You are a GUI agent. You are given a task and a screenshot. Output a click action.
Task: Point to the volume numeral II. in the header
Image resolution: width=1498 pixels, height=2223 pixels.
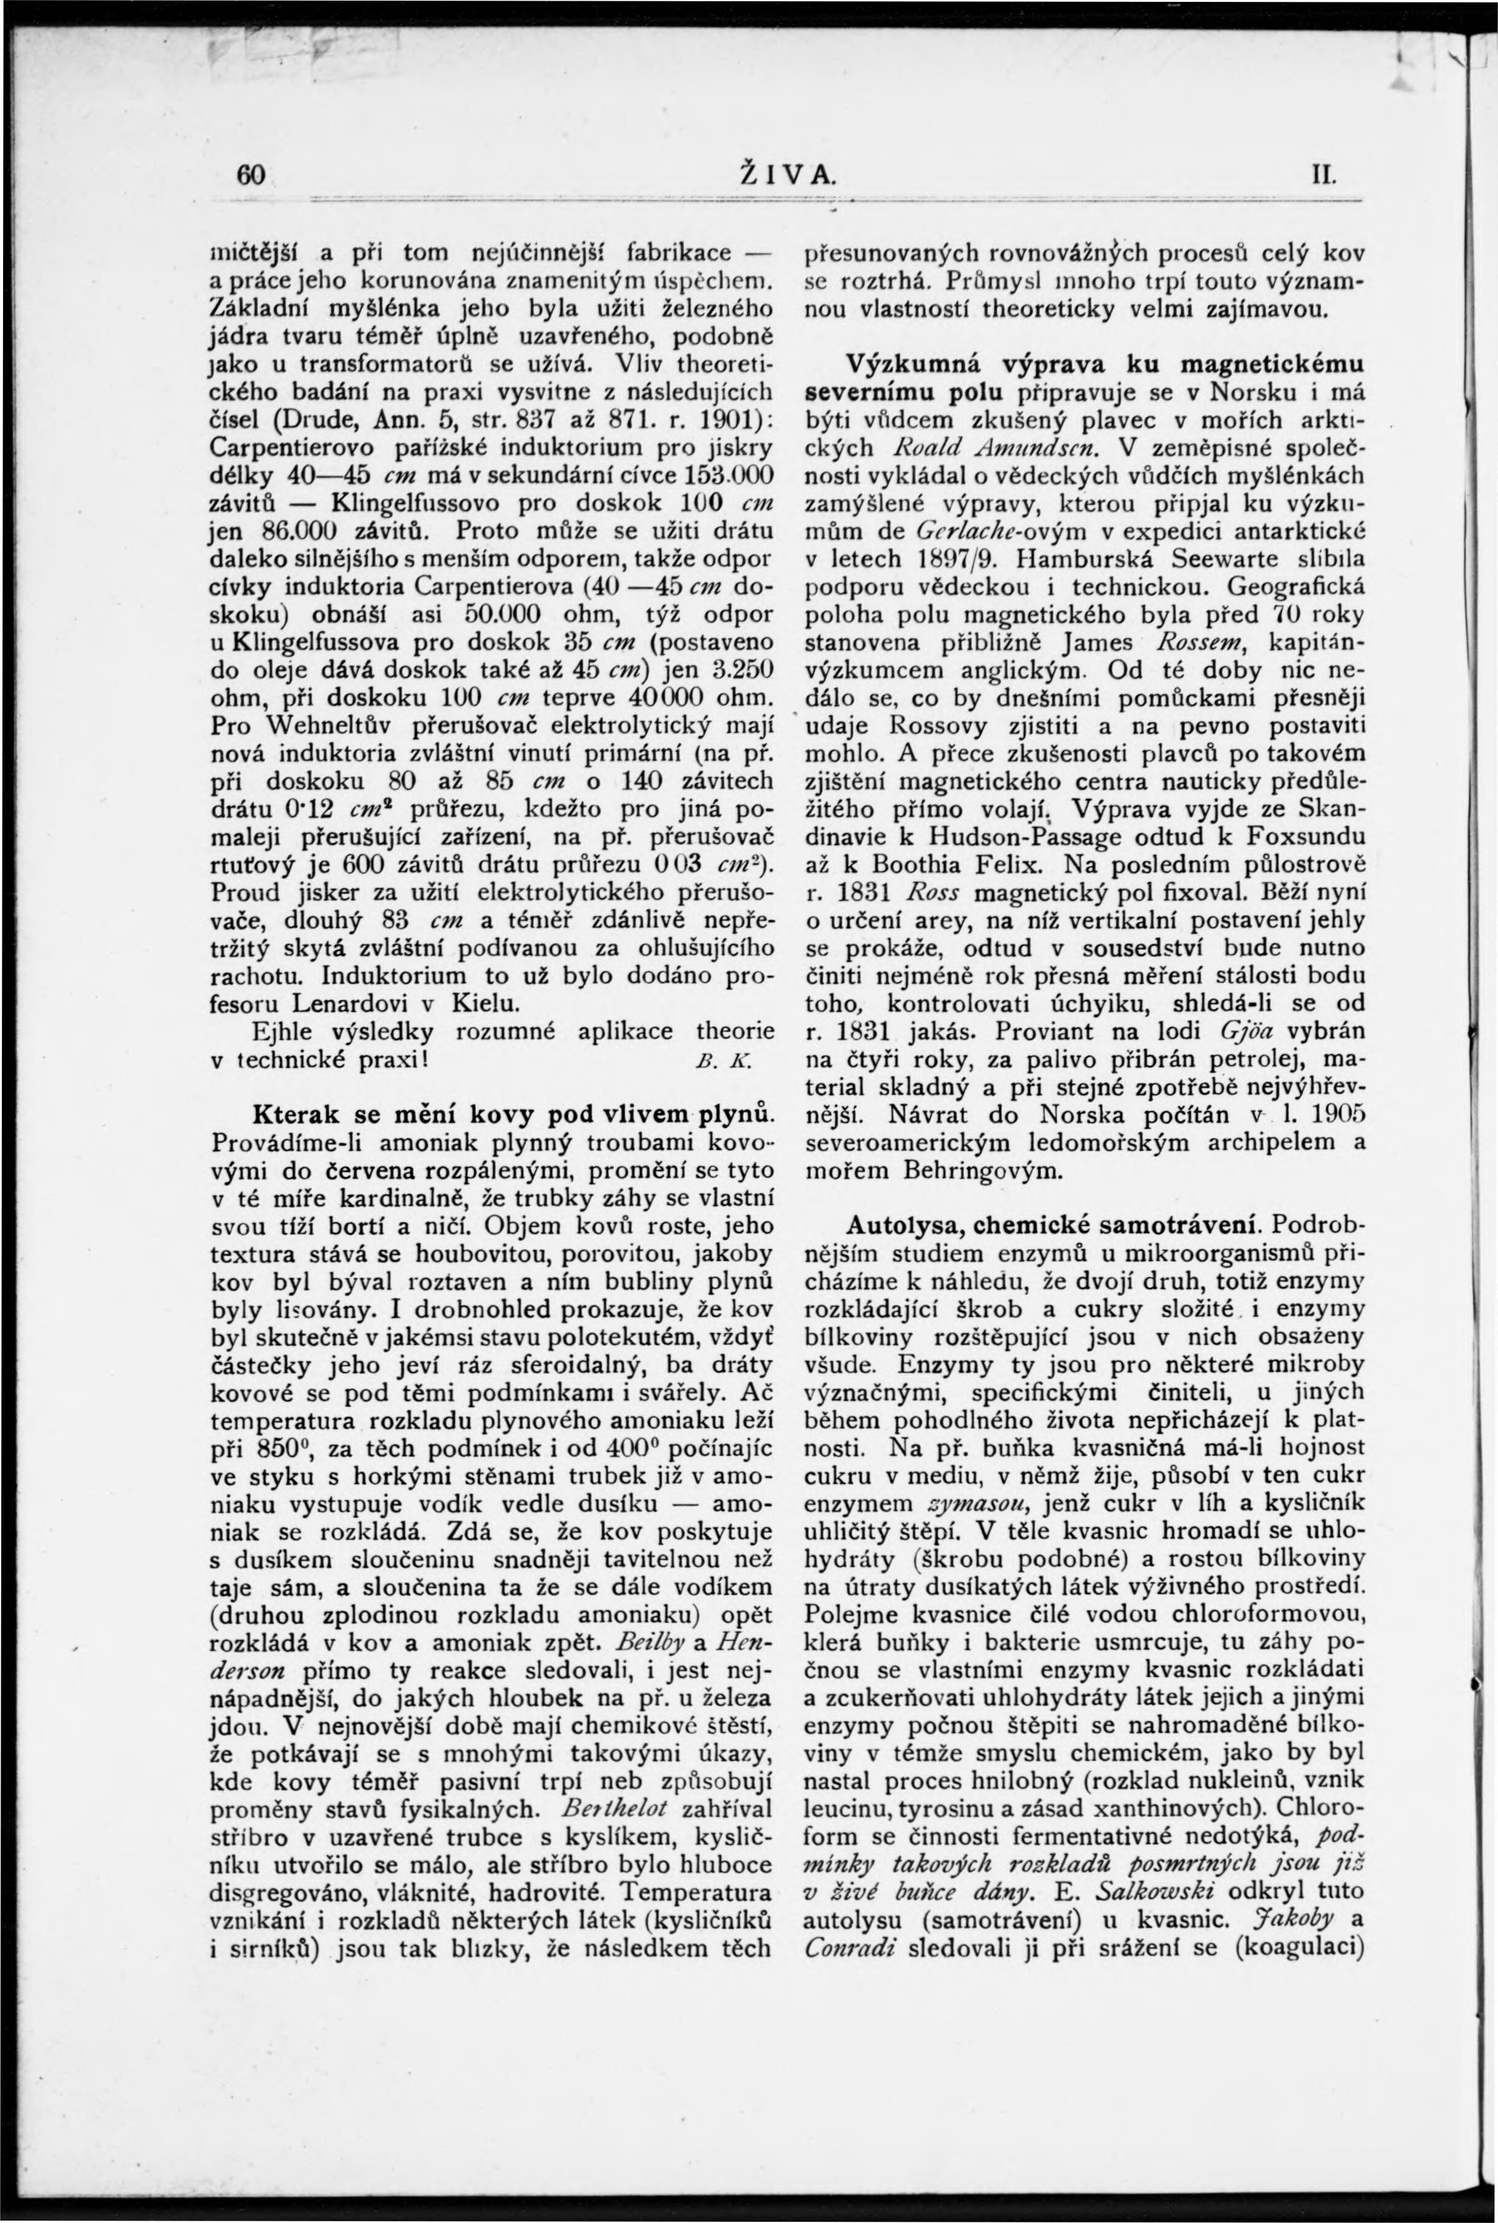coord(1324,176)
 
